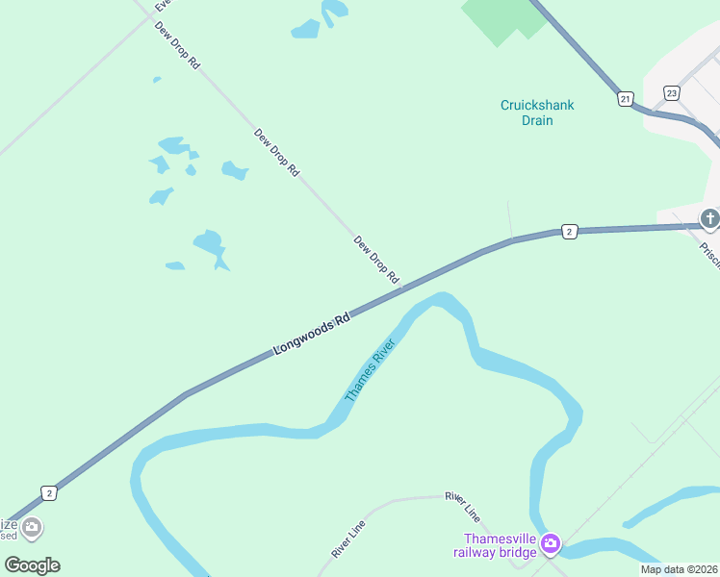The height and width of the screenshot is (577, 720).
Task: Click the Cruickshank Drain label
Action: [x=537, y=113]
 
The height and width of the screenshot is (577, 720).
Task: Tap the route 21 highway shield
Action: [x=625, y=99]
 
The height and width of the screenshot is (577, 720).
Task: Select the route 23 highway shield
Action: [x=672, y=93]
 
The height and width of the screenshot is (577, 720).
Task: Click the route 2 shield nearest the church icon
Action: [x=569, y=232]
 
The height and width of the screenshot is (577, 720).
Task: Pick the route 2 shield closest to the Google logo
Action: [x=48, y=492]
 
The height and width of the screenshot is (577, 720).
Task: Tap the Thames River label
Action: [x=372, y=370]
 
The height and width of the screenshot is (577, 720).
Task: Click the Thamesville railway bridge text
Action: [x=501, y=545]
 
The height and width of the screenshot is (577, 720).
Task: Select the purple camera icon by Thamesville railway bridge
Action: [x=550, y=544]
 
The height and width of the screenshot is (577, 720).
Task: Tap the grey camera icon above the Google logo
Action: [x=32, y=527]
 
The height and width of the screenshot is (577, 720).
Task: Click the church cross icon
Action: [x=710, y=219]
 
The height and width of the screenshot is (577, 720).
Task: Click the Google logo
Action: [x=32, y=565]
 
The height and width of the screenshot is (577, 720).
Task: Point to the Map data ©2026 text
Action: [x=679, y=569]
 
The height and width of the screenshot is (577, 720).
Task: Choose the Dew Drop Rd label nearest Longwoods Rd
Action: [x=377, y=260]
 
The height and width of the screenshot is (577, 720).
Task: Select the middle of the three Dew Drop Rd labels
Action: [x=277, y=153]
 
